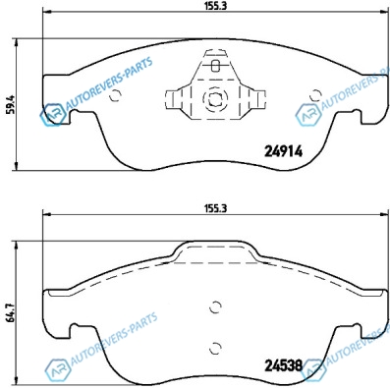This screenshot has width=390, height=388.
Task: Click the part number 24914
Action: tap(283, 151)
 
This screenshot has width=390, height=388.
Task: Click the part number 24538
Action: tap(283, 365)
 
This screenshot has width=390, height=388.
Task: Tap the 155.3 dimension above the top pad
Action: tap(215, 6)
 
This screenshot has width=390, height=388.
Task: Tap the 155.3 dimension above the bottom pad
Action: tap(215, 208)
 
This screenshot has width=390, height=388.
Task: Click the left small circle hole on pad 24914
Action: tap(115, 95)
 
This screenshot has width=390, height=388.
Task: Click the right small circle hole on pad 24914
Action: tap(315, 95)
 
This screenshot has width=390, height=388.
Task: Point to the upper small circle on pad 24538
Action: tap(215, 306)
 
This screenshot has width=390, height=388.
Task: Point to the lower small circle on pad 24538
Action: tap(215, 348)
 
